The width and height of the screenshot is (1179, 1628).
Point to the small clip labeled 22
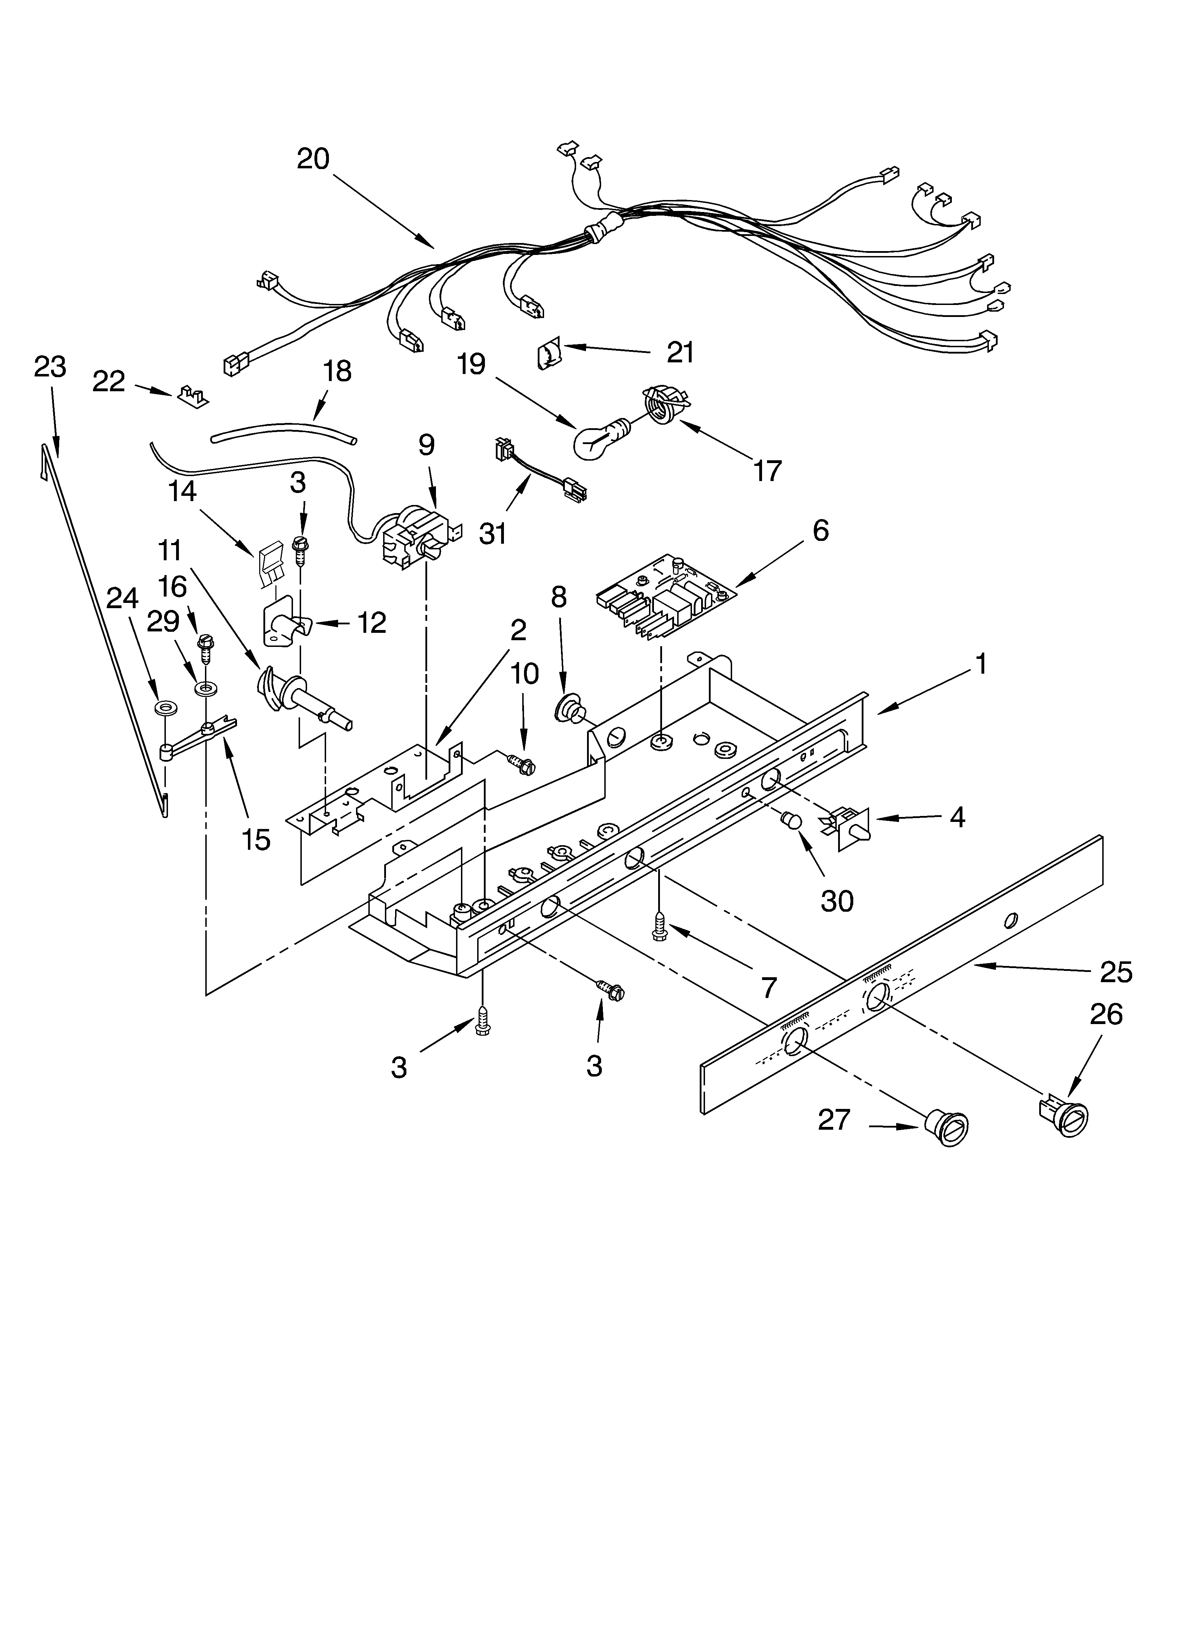[192, 396]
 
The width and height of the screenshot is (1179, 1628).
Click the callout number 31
[493, 534]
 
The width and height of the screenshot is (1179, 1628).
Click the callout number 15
[256, 838]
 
